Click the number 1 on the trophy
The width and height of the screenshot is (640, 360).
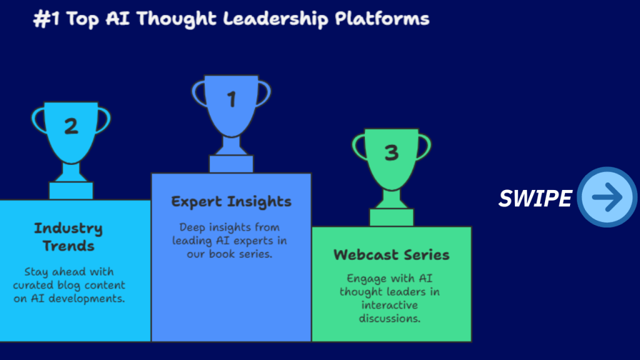tap(231, 99)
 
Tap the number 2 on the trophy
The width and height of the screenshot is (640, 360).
tap(71, 126)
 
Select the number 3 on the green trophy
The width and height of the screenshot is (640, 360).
tap(391, 153)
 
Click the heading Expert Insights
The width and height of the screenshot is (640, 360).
tap(231, 202)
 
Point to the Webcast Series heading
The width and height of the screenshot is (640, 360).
tap(391, 255)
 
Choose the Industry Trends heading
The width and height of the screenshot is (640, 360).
tap(69, 237)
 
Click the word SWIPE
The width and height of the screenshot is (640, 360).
tap(535, 199)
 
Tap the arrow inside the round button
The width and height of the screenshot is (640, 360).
tap(607, 197)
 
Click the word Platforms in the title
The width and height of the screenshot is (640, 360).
tap(382, 19)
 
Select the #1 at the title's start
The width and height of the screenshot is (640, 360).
tap(46, 19)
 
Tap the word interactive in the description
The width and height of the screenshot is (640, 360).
tap(390, 305)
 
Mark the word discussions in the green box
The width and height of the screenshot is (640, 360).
tap(390, 319)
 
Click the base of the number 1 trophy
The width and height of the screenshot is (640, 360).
tap(231, 164)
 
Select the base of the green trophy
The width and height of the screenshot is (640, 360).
tap(391, 217)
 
